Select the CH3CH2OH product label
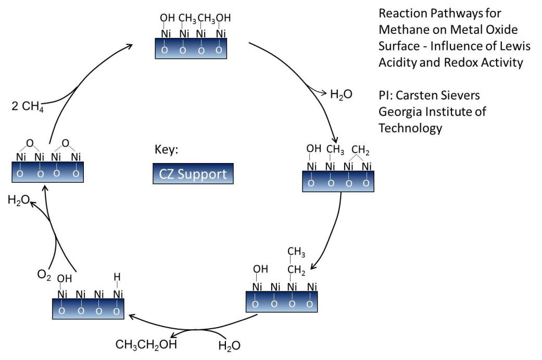146,345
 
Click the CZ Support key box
193,173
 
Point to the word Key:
167,150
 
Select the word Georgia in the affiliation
399,111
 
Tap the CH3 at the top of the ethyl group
296,253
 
